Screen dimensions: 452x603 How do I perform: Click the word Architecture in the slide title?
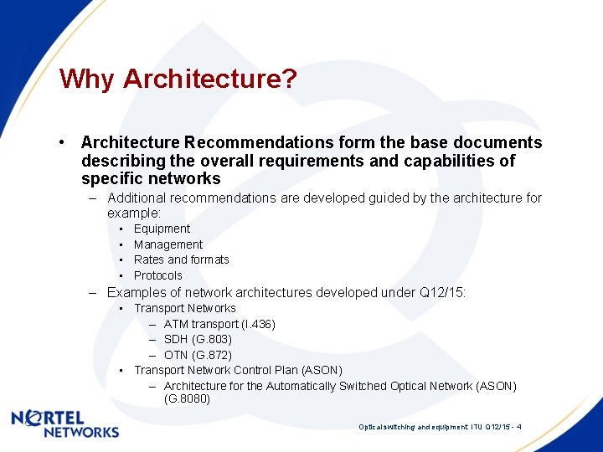pos(210,80)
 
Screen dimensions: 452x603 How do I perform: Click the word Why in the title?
pos(87,80)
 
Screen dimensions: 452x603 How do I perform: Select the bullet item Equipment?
pos(162,229)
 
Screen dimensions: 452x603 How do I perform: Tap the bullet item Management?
pos(167,244)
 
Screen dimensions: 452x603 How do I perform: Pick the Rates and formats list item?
pos(181,259)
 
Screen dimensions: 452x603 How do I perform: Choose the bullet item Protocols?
pos(157,275)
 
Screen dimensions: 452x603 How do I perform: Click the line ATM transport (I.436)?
pos(219,324)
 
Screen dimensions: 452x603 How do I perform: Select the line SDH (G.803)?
pos(198,339)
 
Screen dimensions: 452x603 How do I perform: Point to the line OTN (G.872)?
pos(198,355)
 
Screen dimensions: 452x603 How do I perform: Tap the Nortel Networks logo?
pos(65,424)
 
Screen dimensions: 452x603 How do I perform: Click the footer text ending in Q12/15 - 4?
pos(441,427)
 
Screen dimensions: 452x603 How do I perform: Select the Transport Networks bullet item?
pos(185,308)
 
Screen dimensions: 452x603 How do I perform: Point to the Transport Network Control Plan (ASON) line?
pos(238,370)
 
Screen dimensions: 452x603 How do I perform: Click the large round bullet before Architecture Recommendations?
pos(63,143)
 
